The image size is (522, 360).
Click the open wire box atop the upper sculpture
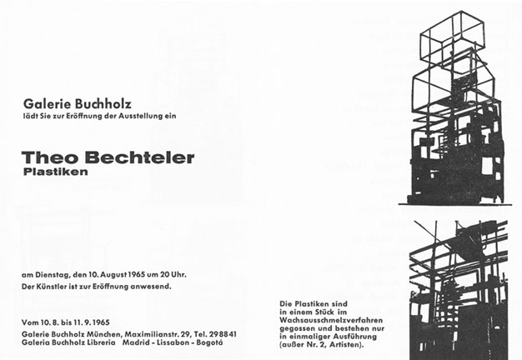pos(453,40)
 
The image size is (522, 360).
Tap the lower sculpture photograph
pos(458,287)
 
